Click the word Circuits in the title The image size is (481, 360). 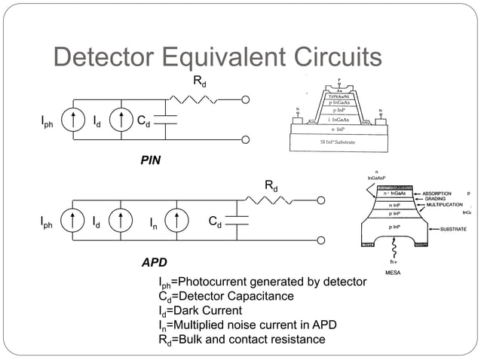(330, 57)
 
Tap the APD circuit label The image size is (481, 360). (155, 263)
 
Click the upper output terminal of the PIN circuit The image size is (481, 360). (246, 99)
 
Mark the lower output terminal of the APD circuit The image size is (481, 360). (320, 241)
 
